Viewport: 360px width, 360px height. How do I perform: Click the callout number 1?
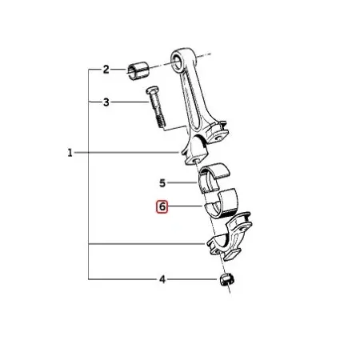click(70, 153)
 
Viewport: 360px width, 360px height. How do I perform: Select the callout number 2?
click(106, 70)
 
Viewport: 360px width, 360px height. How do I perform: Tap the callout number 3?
click(106, 102)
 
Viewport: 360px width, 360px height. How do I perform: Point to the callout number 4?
click(162, 279)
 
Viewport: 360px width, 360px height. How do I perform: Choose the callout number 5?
click(162, 183)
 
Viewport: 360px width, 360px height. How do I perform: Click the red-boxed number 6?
click(162, 206)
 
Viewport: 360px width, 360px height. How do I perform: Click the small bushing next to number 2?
click(138, 71)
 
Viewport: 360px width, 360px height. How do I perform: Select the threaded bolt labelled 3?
click(156, 106)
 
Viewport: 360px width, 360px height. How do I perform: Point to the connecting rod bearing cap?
click(230, 237)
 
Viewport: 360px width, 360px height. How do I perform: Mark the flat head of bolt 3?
click(152, 90)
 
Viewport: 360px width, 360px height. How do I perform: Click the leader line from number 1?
click(126, 153)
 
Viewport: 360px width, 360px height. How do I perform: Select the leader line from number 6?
click(186, 206)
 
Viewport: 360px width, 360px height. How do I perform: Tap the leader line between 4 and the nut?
click(191, 279)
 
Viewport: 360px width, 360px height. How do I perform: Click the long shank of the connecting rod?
click(194, 98)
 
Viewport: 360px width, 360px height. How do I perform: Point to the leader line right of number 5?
click(182, 182)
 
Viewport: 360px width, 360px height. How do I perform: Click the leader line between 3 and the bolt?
click(129, 102)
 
